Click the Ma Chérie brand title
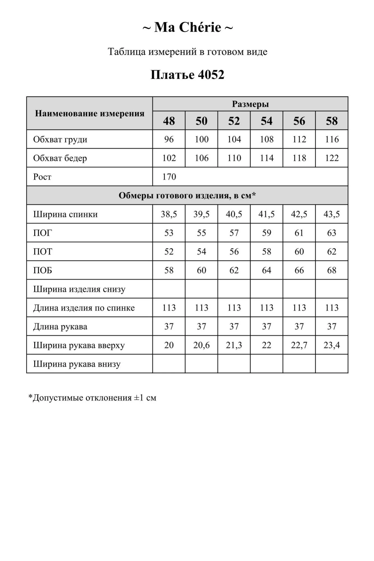tap(187, 27)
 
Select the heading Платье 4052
tap(187, 75)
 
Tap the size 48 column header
tap(169, 121)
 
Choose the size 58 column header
tap(332, 121)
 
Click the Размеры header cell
tap(250, 104)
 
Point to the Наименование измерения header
tap(90, 113)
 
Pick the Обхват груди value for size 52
tap(234, 139)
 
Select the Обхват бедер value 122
tap(332, 158)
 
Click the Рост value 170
tap(169, 177)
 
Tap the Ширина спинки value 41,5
tap(267, 214)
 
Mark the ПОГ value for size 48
tap(169, 233)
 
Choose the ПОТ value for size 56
tap(299, 252)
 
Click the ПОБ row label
tap(43, 270)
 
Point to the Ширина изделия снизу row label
tap(79, 289)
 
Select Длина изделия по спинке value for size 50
tap(201, 308)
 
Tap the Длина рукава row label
tap(60, 327)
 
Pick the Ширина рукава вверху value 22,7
tap(299, 345)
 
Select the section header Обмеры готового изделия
tap(187, 196)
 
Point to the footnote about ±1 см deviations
tap(92, 398)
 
